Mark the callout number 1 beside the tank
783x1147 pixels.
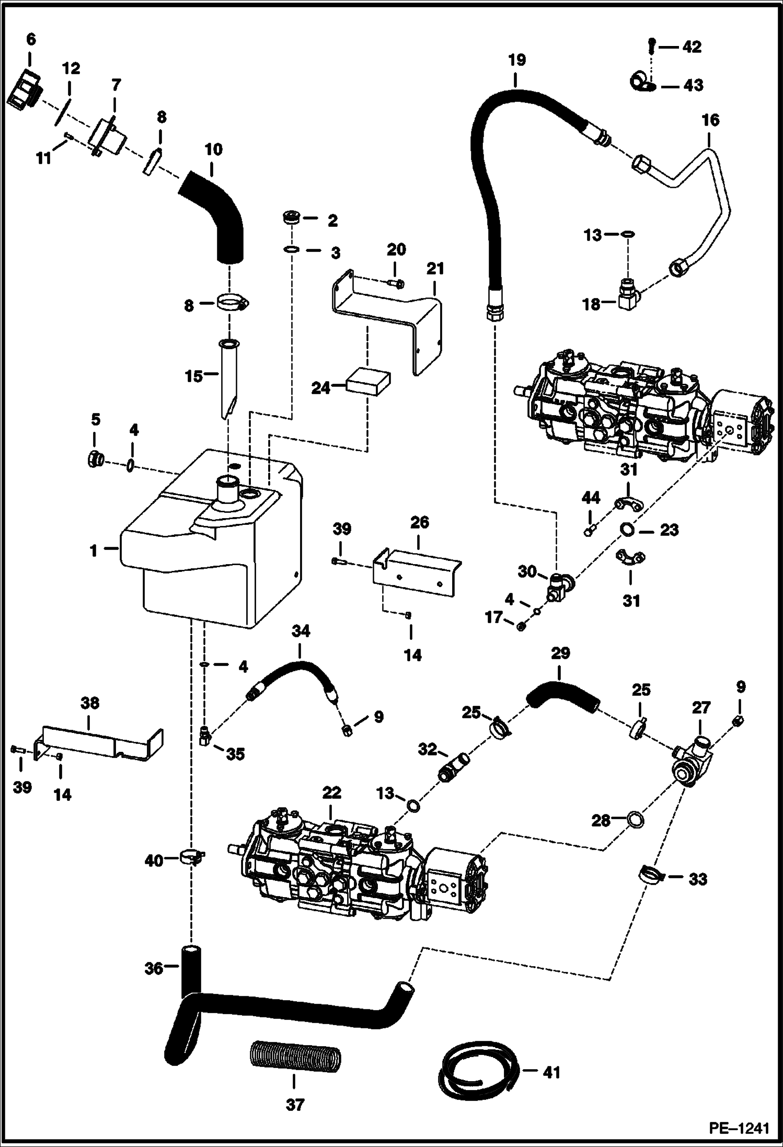click(94, 550)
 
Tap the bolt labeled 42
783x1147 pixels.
click(651, 46)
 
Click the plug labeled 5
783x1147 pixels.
click(95, 460)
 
